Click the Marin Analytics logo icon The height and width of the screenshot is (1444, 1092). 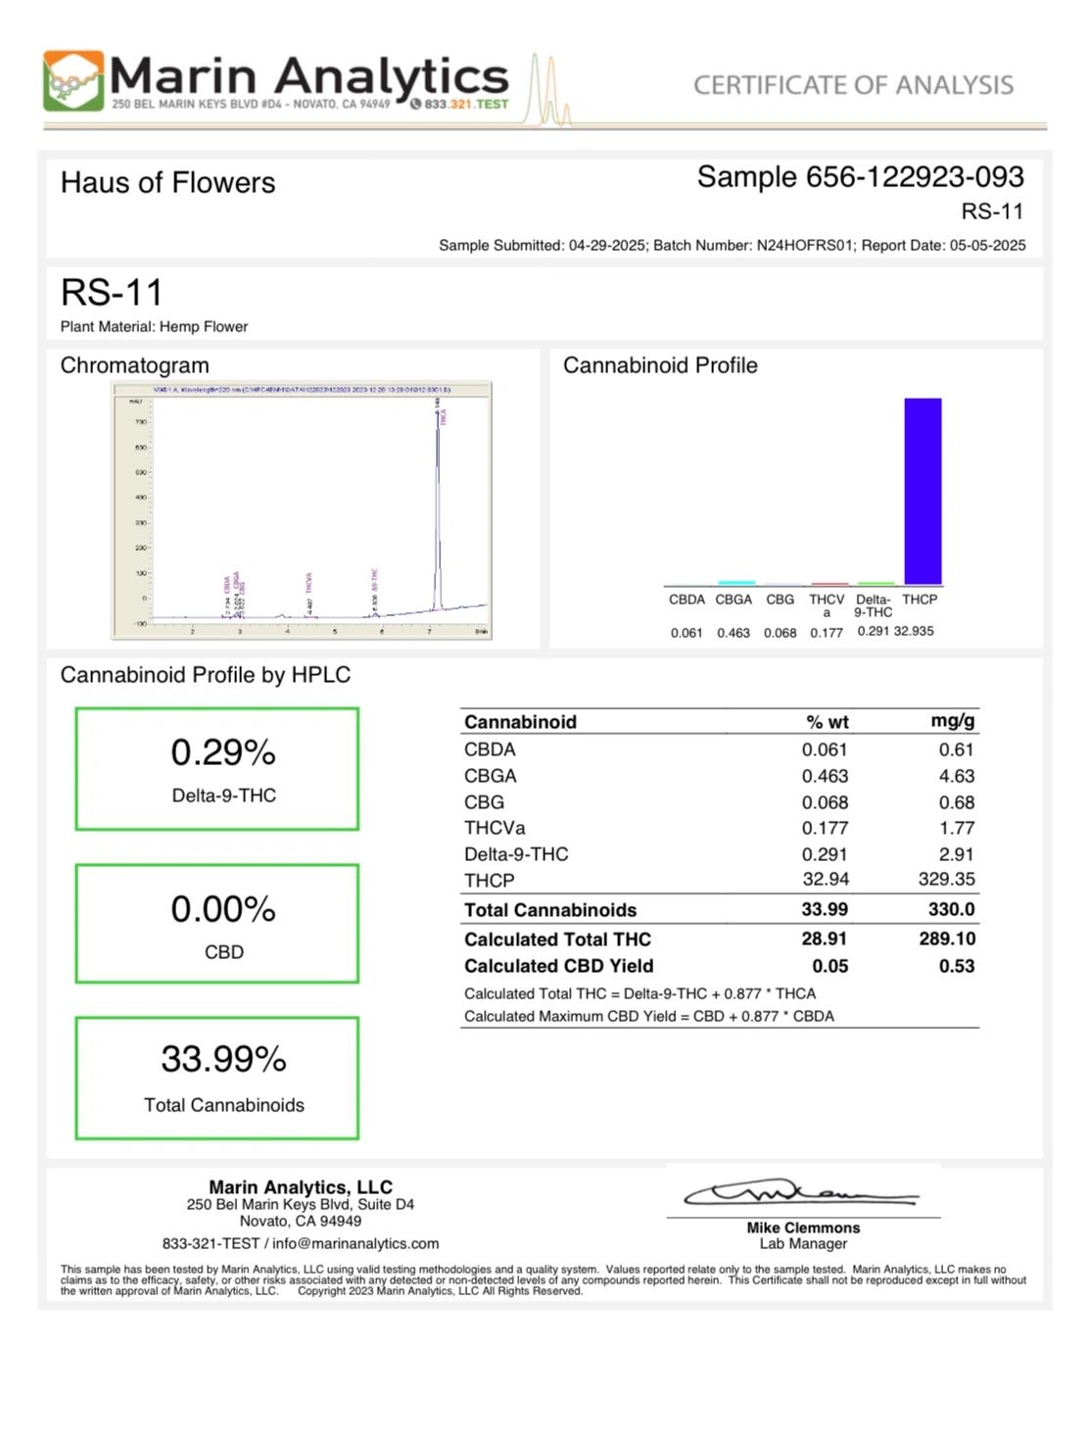[x=73, y=80]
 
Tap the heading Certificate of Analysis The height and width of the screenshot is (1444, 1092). [x=853, y=85]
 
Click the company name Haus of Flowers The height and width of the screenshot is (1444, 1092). [x=167, y=182]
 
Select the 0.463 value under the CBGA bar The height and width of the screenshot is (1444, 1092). [x=734, y=633]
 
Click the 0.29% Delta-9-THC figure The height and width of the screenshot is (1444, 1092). [x=223, y=752]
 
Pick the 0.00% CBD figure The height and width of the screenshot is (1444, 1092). [x=223, y=909]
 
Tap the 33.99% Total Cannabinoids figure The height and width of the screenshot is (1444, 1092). [x=223, y=1059]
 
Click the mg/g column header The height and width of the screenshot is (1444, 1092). [x=952, y=721]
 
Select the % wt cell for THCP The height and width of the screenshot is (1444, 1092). [x=826, y=880]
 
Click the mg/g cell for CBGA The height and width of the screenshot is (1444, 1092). [x=956, y=776]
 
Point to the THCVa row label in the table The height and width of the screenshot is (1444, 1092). [x=495, y=828]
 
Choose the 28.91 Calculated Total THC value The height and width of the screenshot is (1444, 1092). [x=825, y=939]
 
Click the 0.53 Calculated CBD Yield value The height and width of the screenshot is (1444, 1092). [x=956, y=966]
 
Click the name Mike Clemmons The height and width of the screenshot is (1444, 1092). [x=803, y=1227]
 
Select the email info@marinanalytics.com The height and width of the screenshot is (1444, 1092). [x=356, y=1243]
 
